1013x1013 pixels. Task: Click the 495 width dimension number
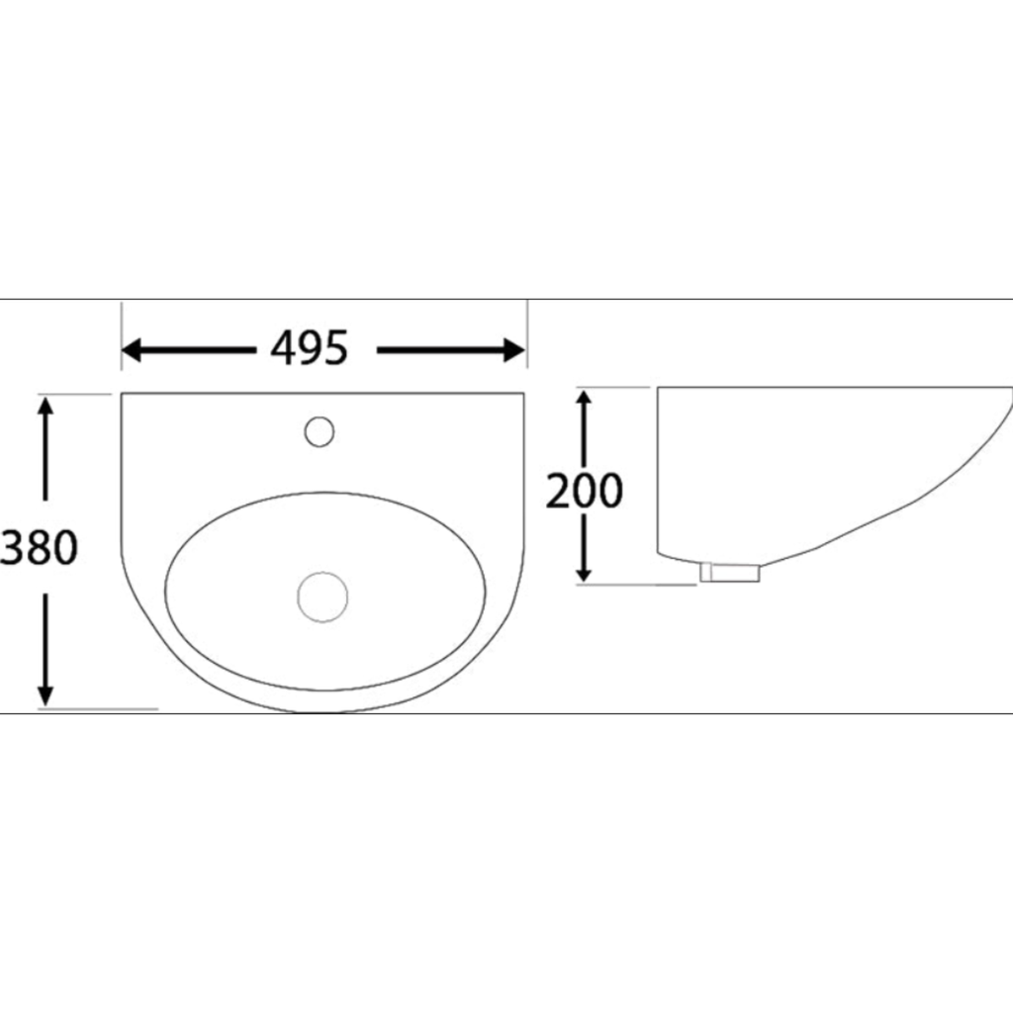coord(309,349)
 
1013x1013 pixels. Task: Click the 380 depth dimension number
coord(39,547)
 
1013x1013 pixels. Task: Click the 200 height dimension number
coord(585,491)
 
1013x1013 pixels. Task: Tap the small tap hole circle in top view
coord(320,431)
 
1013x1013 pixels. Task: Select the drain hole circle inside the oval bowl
coord(322,597)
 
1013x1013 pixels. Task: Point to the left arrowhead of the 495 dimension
coord(132,350)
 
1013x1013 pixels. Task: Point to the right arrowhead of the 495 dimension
coord(514,350)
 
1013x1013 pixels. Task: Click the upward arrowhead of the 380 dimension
coord(45,407)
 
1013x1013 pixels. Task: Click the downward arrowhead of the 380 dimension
coord(45,695)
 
